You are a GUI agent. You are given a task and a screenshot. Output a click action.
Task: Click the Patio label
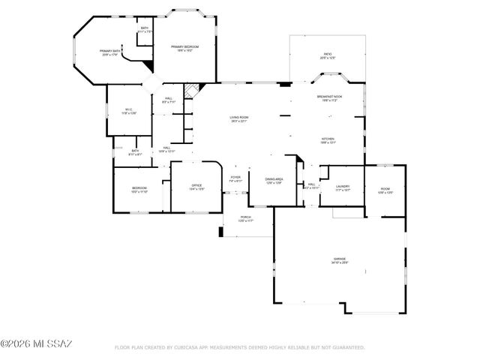327,55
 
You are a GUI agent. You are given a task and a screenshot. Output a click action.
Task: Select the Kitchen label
328,141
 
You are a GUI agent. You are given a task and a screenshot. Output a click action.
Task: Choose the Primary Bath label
110,53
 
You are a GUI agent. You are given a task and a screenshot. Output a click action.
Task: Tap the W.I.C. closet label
128,112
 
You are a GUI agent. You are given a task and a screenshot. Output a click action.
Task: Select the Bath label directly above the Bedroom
135,152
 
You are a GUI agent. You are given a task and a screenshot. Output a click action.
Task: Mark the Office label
196,187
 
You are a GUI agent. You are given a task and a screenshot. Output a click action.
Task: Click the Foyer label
235,179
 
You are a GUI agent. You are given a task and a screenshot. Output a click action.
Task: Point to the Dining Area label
273,181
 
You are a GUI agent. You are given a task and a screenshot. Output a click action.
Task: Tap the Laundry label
343,189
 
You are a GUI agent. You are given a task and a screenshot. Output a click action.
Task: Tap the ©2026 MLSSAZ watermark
36,344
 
